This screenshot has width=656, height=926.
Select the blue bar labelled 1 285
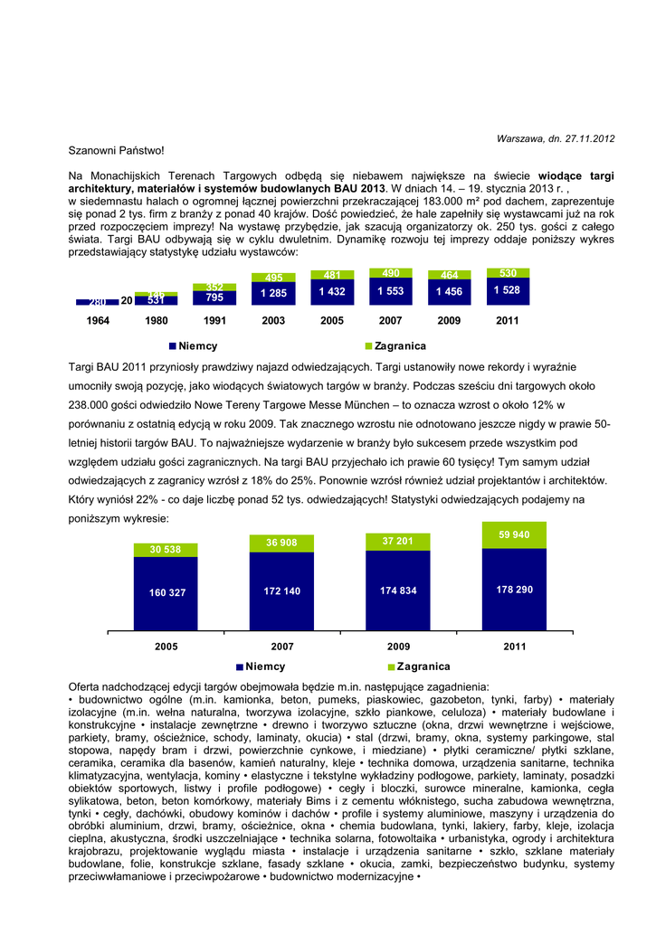(x=273, y=294)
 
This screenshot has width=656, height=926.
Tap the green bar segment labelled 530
(x=508, y=273)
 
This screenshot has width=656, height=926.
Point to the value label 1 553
(x=391, y=292)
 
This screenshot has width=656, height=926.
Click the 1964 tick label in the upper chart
(x=98, y=321)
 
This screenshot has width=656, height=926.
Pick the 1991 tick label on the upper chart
(x=214, y=321)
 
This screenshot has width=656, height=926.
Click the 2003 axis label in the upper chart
(x=273, y=321)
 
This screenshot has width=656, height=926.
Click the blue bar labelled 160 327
(x=166, y=592)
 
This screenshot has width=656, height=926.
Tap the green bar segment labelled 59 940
(x=515, y=535)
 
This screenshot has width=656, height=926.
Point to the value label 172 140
(x=282, y=590)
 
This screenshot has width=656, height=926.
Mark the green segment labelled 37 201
(x=398, y=541)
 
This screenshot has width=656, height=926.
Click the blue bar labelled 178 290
(x=515, y=589)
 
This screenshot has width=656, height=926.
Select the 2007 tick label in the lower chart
(x=282, y=647)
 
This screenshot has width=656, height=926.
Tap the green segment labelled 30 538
(x=166, y=549)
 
